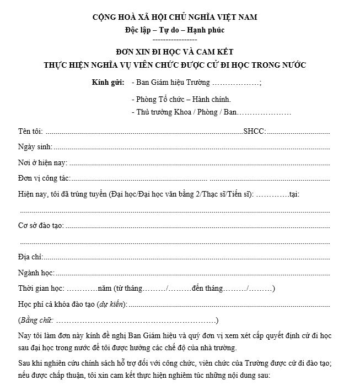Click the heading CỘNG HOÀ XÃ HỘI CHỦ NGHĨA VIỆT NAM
(175, 18)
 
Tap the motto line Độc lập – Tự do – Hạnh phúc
(175, 30)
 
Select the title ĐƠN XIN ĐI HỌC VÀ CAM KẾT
(175, 52)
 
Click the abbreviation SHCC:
(254, 132)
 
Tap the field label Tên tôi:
(30, 132)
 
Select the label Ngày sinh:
(35, 148)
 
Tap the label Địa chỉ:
(30, 257)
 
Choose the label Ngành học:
(36, 273)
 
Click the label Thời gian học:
(41, 289)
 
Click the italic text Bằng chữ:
(36, 320)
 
